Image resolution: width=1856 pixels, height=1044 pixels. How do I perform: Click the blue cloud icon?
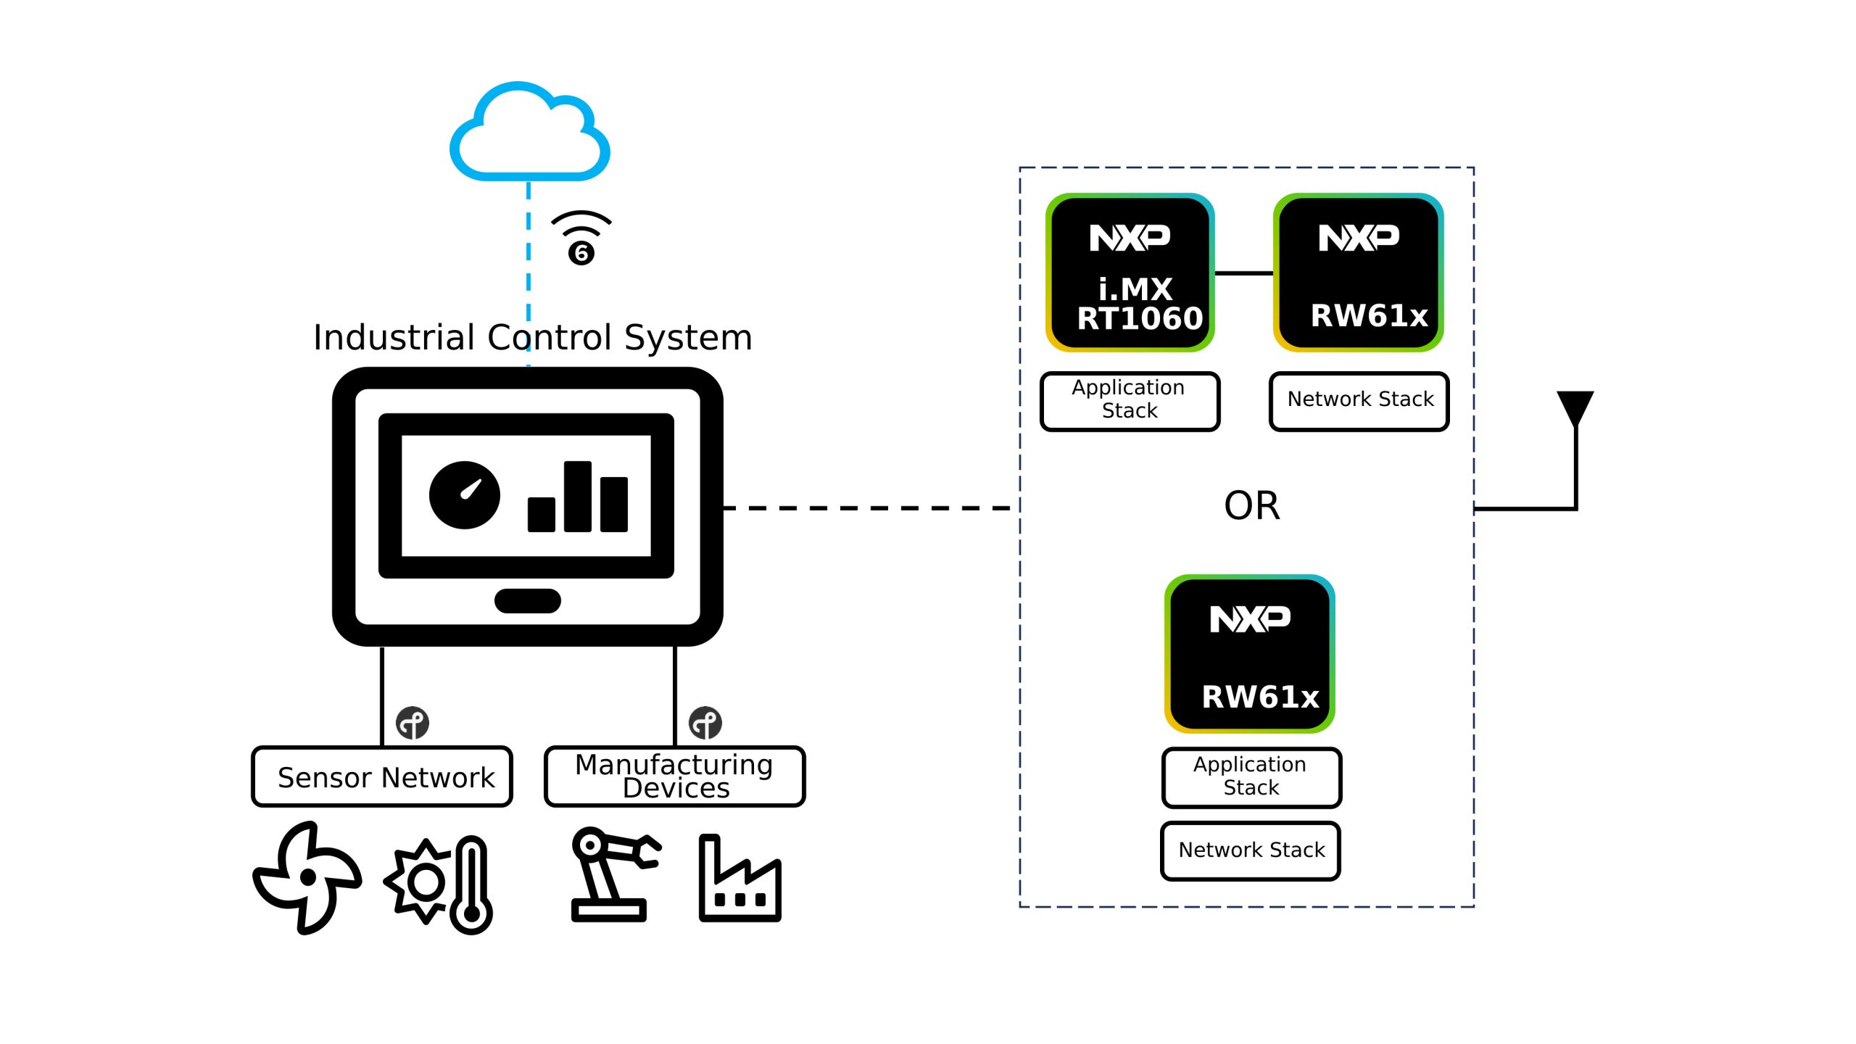pos(529,134)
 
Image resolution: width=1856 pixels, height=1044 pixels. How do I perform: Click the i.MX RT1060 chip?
pos(1130,273)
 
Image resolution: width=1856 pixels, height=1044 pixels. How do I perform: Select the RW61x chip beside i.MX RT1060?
pos(1358,273)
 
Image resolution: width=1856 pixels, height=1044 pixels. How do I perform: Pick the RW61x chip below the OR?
pos(1249,654)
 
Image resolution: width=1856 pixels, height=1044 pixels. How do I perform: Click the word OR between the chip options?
pos(1251,505)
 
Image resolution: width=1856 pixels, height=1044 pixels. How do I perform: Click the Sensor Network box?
pos(382,776)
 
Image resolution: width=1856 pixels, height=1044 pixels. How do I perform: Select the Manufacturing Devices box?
pos(674,776)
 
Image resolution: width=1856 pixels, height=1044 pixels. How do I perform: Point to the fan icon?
pos(307,877)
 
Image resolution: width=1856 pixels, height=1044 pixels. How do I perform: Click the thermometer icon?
pos(472,884)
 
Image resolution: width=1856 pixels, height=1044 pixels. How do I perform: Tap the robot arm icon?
pos(613,874)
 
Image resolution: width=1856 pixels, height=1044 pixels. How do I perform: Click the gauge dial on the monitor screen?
pos(465,495)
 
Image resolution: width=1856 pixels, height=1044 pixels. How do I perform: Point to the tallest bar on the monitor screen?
pos(577,497)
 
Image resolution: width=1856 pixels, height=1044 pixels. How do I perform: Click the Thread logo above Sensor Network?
pos(413,723)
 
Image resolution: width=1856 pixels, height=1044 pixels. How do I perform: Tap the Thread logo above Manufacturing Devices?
pos(705,723)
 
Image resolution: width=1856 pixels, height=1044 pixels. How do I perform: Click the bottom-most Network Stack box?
pos(1251,850)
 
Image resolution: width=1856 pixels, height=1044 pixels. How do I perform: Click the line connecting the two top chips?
pos(1243,273)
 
